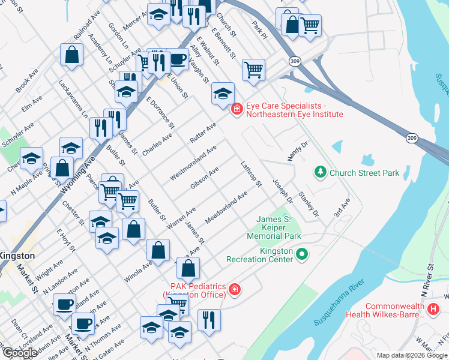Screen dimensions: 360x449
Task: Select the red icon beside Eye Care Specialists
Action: (x=238, y=109)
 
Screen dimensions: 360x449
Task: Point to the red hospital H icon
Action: (x=434, y=309)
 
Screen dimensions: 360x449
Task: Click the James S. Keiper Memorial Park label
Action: (x=277, y=228)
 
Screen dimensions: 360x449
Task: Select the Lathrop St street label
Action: (x=251, y=173)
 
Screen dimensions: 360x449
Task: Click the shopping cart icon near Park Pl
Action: (x=310, y=25)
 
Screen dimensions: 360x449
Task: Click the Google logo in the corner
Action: (x=19, y=353)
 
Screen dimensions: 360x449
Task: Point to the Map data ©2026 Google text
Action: (x=412, y=355)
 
